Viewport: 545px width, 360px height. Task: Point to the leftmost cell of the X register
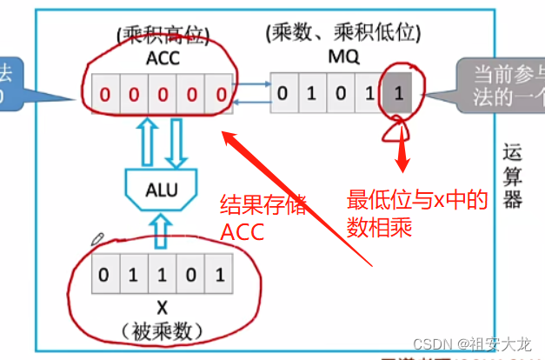(x=104, y=277)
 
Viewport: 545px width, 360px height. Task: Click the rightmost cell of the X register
(x=220, y=277)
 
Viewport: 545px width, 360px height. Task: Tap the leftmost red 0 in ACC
(x=104, y=94)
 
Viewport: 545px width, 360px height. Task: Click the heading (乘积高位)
(x=163, y=37)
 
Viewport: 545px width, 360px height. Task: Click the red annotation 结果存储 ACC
(x=263, y=218)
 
